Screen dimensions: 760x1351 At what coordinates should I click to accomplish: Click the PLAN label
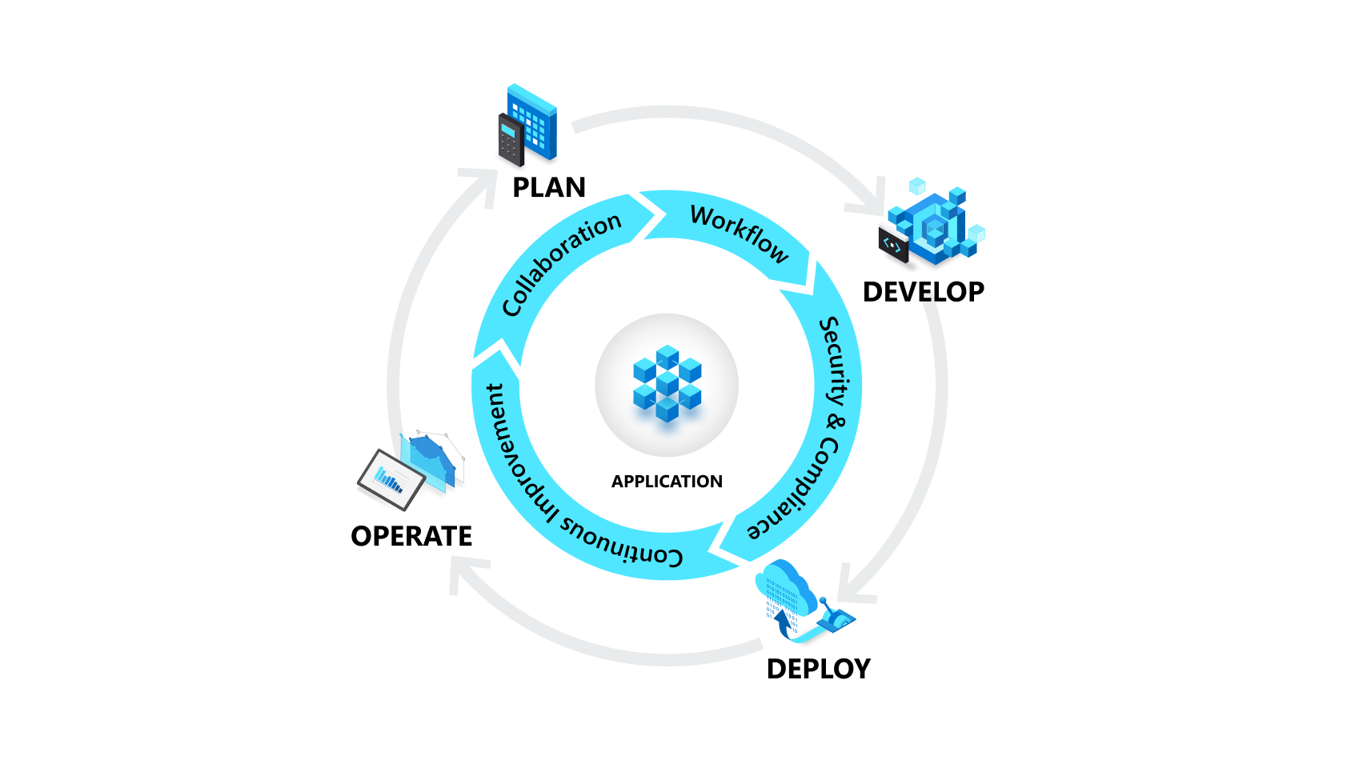(x=549, y=187)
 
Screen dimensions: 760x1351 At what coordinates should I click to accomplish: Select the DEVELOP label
(x=923, y=292)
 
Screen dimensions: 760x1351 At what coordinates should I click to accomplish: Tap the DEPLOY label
(x=818, y=669)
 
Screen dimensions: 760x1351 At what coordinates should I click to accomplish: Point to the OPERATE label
(x=411, y=536)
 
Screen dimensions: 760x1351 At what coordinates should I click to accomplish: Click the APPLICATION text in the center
(x=667, y=482)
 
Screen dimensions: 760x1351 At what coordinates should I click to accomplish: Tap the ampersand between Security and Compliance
(x=834, y=422)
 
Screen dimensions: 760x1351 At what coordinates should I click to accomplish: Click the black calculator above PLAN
(x=511, y=141)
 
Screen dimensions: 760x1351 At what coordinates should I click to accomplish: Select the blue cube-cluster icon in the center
(x=667, y=383)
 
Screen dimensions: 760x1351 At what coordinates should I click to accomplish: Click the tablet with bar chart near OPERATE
(x=391, y=479)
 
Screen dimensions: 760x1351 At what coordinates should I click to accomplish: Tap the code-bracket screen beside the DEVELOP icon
(x=893, y=245)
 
